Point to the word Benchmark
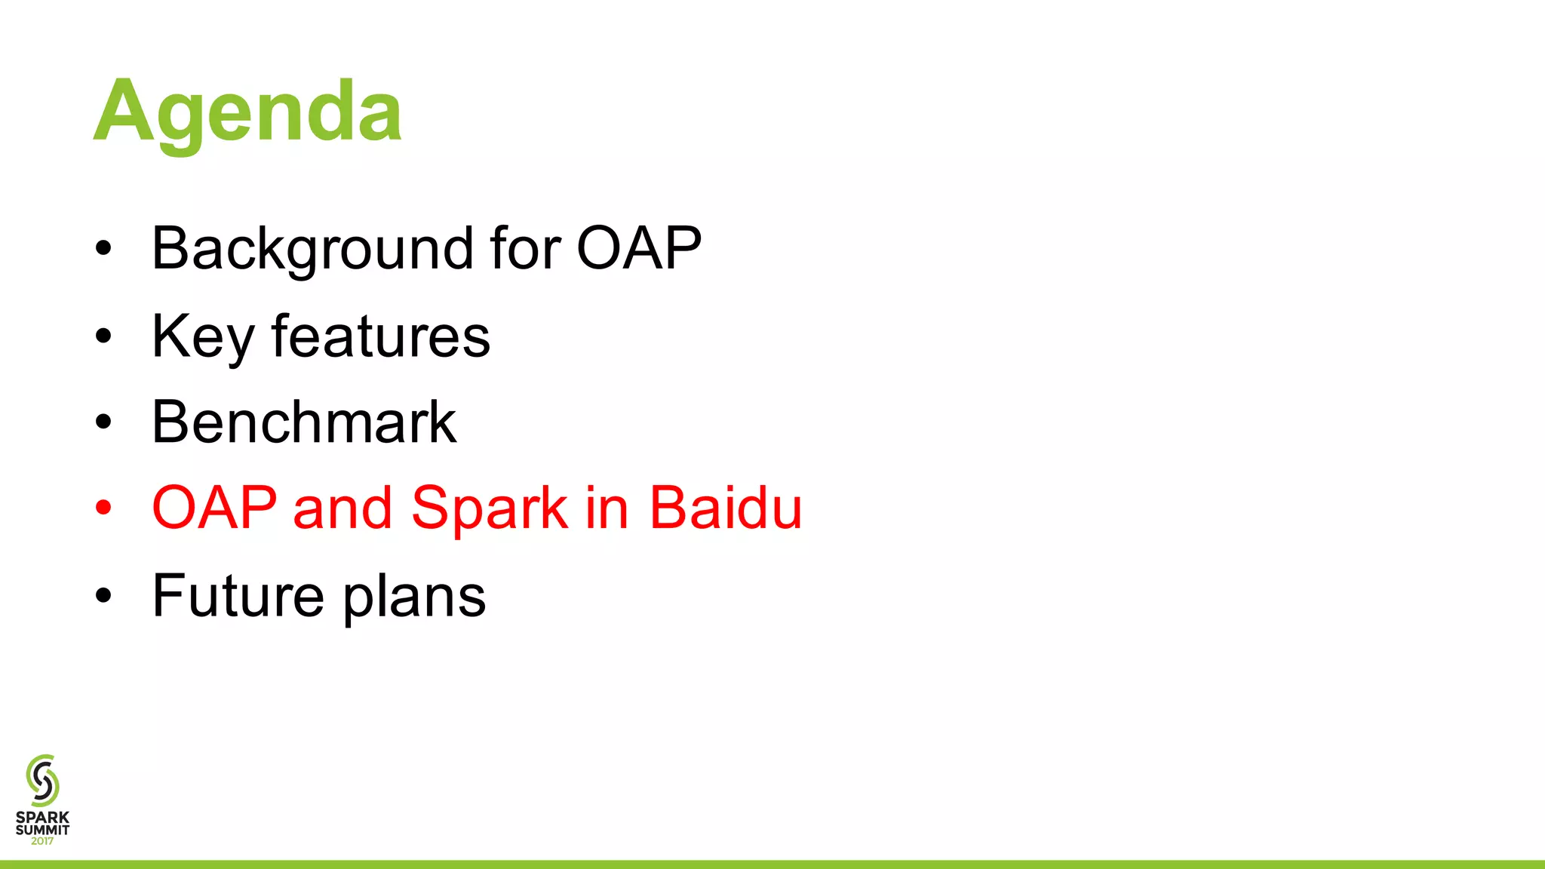coord(304,422)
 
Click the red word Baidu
coord(726,508)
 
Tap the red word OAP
coord(214,508)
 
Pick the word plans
coord(414,598)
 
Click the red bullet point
coord(103,508)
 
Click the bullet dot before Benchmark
coord(103,422)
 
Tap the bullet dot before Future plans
coord(103,596)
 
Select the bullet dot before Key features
coord(103,336)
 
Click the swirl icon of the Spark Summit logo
coord(42,780)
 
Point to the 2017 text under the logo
coord(42,841)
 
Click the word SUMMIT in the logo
coord(42,830)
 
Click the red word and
coord(342,508)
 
